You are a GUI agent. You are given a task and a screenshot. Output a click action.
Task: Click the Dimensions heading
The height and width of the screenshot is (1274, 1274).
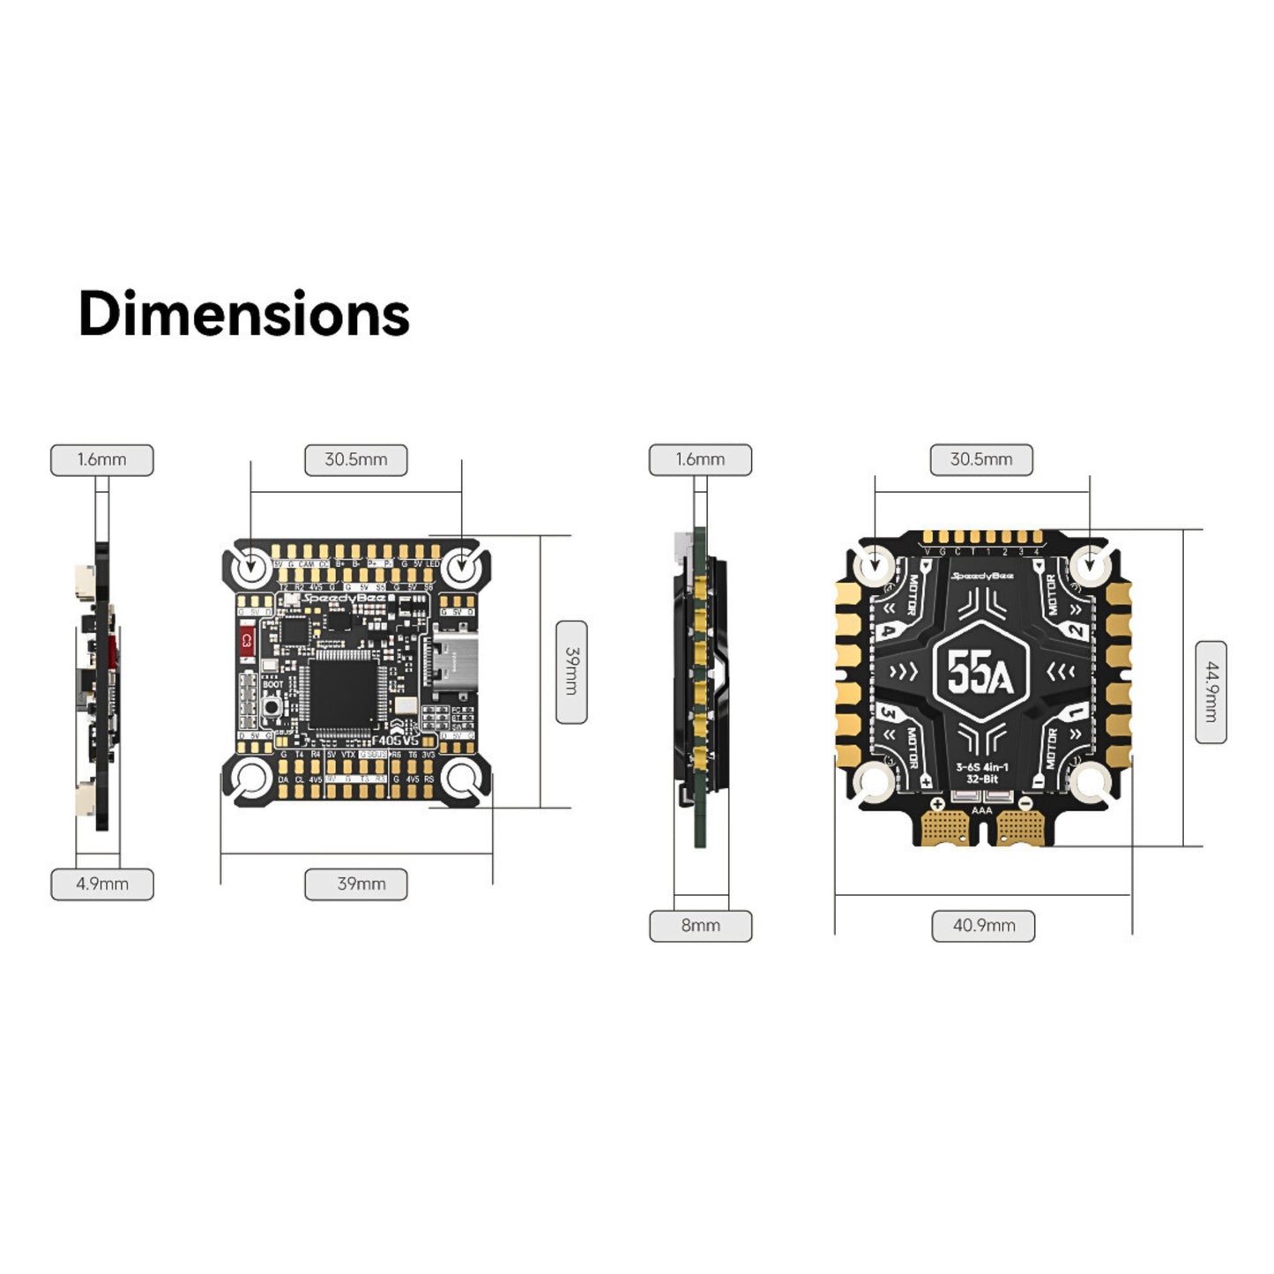(x=243, y=314)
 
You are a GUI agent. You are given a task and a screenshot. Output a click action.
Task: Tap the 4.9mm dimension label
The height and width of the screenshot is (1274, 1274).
(x=102, y=883)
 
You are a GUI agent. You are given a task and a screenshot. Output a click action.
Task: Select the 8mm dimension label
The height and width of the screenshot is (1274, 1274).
(x=700, y=926)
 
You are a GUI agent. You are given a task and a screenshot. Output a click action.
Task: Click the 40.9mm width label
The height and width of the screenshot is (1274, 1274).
(x=983, y=926)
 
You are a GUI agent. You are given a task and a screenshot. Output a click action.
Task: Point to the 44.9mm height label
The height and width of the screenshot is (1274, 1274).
(x=1211, y=692)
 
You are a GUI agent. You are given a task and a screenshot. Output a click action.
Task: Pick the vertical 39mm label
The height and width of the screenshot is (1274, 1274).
(x=571, y=672)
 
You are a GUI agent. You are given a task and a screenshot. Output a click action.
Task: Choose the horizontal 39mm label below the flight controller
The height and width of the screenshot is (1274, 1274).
(x=356, y=883)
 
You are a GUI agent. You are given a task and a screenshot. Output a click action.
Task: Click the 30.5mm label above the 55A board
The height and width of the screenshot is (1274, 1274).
(x=981, y=459)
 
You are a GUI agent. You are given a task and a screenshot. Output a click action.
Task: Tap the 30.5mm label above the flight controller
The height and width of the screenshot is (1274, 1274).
(x=356, y=459)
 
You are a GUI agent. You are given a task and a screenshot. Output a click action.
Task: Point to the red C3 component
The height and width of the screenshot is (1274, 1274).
(x=246, y=643)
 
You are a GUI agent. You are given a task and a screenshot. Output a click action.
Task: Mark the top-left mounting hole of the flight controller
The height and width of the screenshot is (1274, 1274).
(x=250, y=566)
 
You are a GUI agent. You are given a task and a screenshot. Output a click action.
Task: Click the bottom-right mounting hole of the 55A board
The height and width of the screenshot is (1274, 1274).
(x=1090, y=781)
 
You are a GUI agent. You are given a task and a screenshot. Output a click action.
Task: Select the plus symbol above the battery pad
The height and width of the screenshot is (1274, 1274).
(x=937, y=804)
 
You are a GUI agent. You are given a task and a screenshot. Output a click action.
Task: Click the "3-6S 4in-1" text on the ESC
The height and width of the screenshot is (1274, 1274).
(x=981, y=767)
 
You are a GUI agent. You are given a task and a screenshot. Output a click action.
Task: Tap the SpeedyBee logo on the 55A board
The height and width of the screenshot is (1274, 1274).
(x=981, y=576)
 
